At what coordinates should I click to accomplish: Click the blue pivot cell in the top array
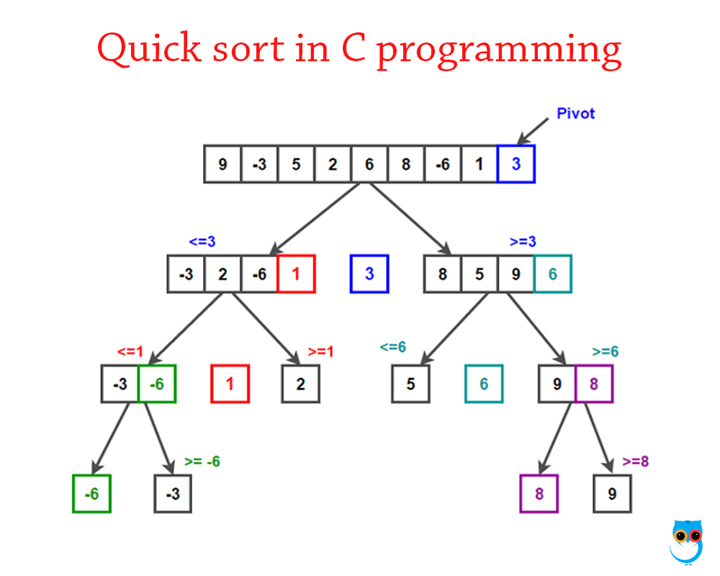pyautogui.click(x=516, y=164)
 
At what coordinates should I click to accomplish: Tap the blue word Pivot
pyautogui.click(x=576, y=113)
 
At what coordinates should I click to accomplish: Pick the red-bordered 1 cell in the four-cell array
pyautogui.click(x=296, y=274)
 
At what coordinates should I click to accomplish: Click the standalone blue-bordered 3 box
pyautogui.click(x=369, y=274)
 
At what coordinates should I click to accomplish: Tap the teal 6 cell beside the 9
pyautogui.click(x=552, y=274)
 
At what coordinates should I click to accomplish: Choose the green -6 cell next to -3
pyautogui.click(x=157, y=384)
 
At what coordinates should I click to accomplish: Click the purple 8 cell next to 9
pyautogui.click(x=593, y=384)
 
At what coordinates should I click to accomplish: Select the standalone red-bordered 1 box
pyautogui.click(x=230, y=384)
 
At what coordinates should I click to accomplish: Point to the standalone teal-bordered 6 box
pyautogui.click(x=484, y=384)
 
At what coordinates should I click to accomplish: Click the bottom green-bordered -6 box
pyautogui.click(x=91, y=494)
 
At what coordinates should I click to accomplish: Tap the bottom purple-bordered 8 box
pyautogui.click(x=539, y=494)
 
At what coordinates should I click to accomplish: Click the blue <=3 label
pyautogui.click(x=202, y=242)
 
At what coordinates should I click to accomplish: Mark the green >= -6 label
pyautogui.click(x=202, y=462)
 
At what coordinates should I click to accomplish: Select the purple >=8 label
pyautogui.click(x=635, y=462)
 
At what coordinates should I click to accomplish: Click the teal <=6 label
pyautogui.click(x=393, y=347)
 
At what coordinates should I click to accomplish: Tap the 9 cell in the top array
pyautogui.click(x=222, y=164)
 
